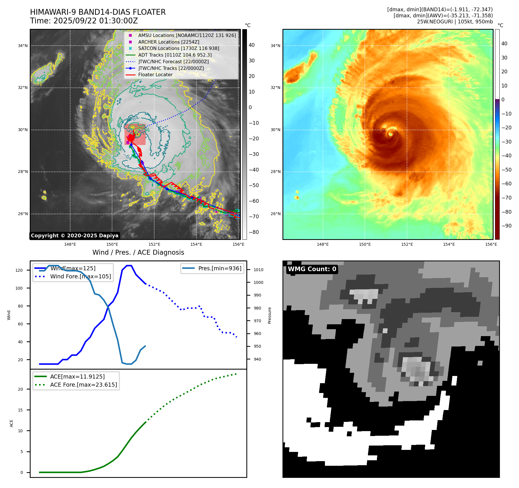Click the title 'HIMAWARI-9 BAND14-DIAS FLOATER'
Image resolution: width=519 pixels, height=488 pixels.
click(98, 12)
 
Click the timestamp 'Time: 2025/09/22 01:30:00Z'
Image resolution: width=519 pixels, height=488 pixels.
click(84, 21)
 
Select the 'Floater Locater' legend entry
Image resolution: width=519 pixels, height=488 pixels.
click(155, 75)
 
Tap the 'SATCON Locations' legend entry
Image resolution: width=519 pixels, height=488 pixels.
click(178, 49)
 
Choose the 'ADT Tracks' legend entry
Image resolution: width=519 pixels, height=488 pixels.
click(175, 55)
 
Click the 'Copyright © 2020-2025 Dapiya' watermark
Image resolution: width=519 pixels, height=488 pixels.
click(75, 236)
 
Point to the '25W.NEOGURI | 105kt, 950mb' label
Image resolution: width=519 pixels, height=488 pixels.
click(455, 22)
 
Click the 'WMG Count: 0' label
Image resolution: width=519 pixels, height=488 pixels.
click(312, 269)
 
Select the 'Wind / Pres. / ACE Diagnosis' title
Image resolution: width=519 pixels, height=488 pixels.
click(138, 252)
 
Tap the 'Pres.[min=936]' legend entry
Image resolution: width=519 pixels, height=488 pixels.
click(219, 269)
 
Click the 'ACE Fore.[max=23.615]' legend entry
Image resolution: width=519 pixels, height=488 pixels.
click(83, 385)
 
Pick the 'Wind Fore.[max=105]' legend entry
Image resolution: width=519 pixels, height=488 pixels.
click(80, 277)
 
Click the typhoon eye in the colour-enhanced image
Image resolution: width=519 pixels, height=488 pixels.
click(390, 134)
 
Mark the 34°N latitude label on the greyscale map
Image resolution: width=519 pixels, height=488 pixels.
click(23, 46)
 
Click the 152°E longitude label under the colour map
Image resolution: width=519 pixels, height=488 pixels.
click(407, 245)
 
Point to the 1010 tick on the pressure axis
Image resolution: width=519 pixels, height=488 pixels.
click(258, 270)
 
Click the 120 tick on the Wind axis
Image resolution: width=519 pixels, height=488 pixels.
click(19, 271)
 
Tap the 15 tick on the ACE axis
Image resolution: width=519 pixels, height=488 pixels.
click(20, 410)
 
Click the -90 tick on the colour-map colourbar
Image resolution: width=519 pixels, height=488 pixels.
click(506, 226)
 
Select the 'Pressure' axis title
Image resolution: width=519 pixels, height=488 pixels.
click(269, 315)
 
